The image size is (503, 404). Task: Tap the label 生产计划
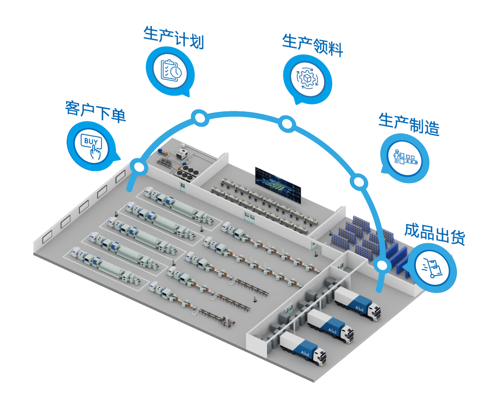(174, 37)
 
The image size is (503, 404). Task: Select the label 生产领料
(313, 45)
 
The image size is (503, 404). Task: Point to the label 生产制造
(409, 123)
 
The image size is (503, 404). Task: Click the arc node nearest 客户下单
(138, 166)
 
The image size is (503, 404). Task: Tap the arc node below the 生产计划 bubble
(200, 118)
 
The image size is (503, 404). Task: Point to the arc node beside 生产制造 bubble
(359, 181)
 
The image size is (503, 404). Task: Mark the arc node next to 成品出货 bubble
(382, 266)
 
